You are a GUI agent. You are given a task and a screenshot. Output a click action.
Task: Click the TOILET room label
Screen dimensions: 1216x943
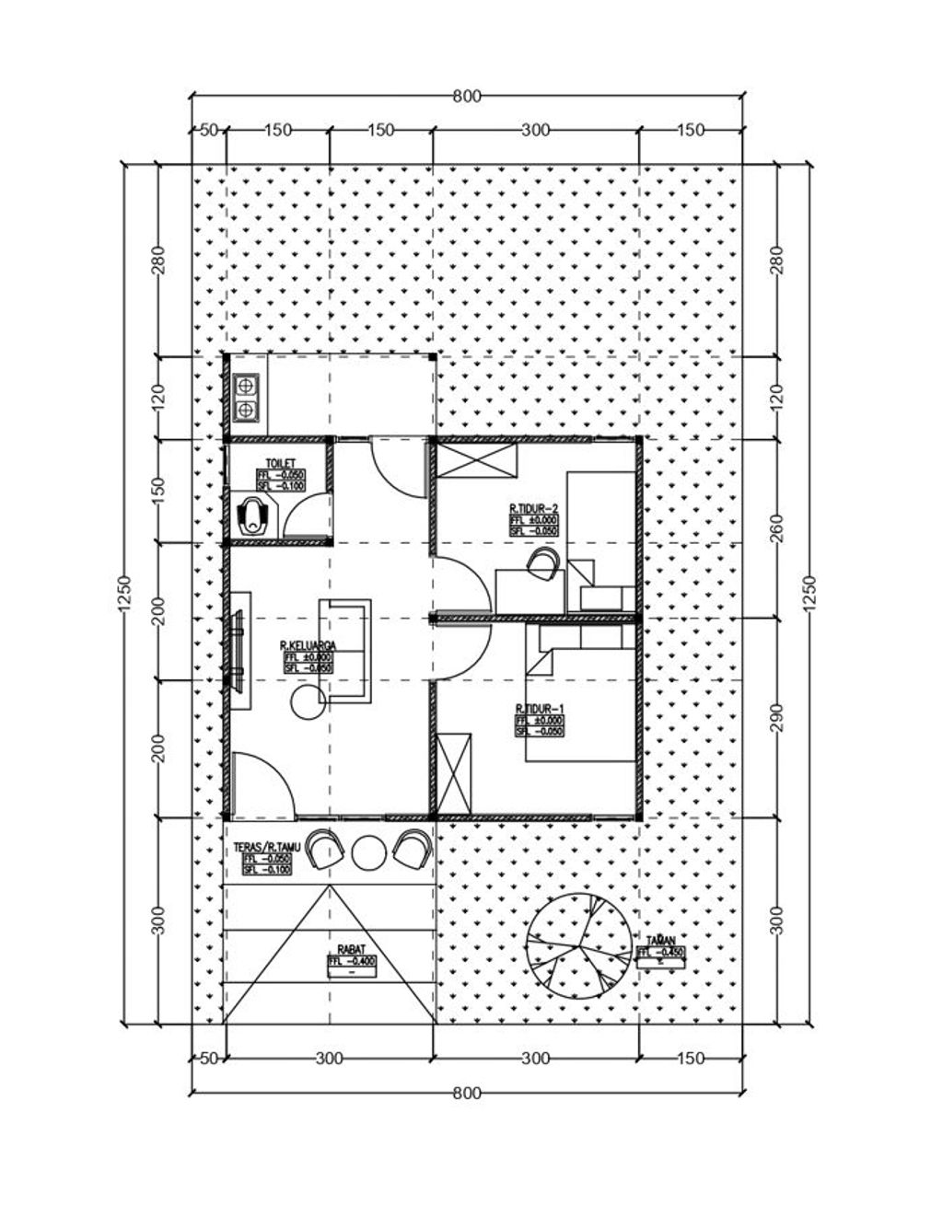(x=280, y=462)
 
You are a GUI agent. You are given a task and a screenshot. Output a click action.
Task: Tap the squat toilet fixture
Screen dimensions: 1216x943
(x=252, y=516)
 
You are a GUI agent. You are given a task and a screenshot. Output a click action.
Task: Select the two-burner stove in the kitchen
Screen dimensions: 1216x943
(x=246, y=397)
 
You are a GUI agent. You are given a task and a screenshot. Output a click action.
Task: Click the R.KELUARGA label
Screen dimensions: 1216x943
(x=308, y=647)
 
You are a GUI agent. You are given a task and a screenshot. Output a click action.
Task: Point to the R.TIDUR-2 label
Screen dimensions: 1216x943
(x=534, y=507)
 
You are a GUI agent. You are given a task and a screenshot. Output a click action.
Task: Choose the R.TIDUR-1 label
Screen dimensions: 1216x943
(x=539, y=708)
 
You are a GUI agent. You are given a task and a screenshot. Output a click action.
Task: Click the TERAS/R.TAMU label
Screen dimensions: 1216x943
(x=267, y=847)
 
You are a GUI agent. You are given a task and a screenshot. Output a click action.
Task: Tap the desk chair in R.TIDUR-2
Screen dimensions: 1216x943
(x=544, y=563)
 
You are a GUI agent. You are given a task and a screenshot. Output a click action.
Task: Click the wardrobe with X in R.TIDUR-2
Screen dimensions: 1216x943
(x=476, y=460)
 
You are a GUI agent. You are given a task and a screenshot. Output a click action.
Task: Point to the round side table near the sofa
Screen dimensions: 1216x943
(x=308, y=703)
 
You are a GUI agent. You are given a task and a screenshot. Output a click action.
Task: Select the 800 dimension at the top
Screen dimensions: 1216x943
(x=467, y=97)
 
